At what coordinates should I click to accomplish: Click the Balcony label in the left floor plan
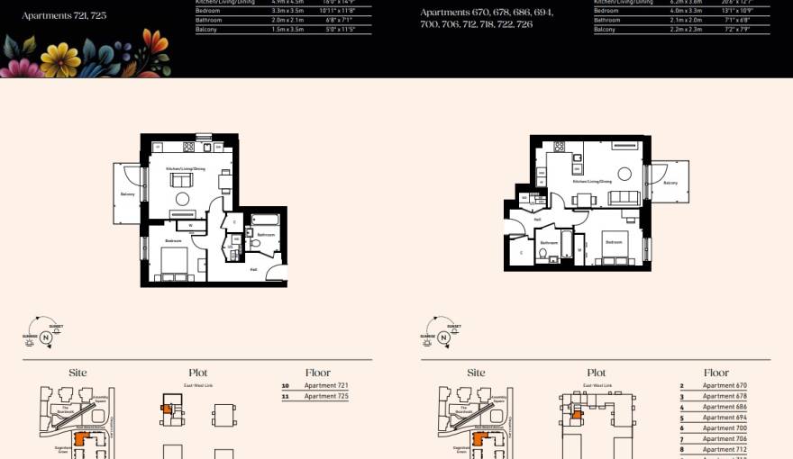pyautogui.click(x=126, y=194)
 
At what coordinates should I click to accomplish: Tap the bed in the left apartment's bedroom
pyautogui.click(x=174, y=264)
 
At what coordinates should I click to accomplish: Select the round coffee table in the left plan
pyautogui.click(x=183, y=198)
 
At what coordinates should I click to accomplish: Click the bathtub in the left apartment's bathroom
pyautogui.click(x=267, y=220)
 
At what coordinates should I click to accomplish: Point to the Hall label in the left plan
pyautogui.click(x=253, y=269)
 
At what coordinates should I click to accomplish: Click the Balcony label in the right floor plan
pyautogui.click(x=670, y=183)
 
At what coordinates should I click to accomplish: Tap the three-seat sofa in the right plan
pyautogui.click(x=624, y=198)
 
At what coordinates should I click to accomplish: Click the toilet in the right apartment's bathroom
pyautogui.click(x=543, y=256)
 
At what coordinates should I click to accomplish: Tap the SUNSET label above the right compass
pyautogui.click(x=454, y=327)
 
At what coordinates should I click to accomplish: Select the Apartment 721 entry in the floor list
pyautogui.click(x=325, y=386)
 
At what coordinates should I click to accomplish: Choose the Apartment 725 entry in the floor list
pyautogui.click(x=325, y=396)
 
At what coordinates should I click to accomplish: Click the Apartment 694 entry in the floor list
pyautogui.click(x=725, y=418)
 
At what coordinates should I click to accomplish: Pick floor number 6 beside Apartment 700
pyautogui.click(x=682, y=428)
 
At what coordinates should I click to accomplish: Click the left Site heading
pyautogui.click(x=77, y=373)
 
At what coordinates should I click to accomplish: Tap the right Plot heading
pyautogui.click(x=597, y=373)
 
